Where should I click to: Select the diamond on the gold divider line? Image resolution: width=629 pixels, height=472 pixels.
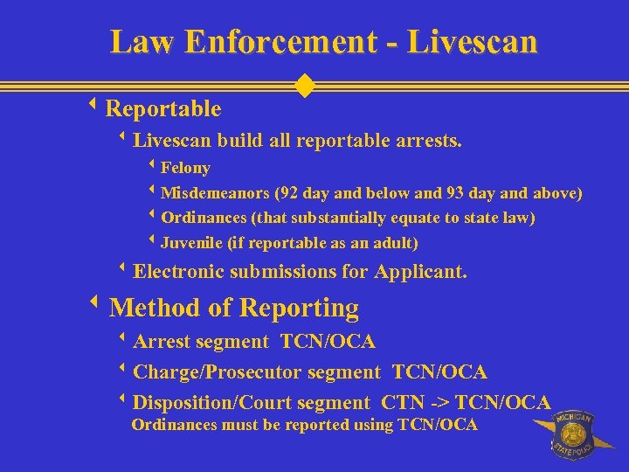click(x=305, y=86)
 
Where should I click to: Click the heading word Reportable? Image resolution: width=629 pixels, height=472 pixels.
click(x=162, y=109)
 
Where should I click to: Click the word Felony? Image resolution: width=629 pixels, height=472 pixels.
click(x=185, y=168)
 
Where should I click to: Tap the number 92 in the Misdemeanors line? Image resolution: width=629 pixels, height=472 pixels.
click(x=289, y=193)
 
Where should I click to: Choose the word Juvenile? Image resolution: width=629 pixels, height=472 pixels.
click(x=190, y=243)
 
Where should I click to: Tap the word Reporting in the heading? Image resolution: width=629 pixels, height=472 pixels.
click(x=299, y=309)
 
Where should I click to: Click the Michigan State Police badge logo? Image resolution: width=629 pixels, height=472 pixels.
click(x=571, y=434)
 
